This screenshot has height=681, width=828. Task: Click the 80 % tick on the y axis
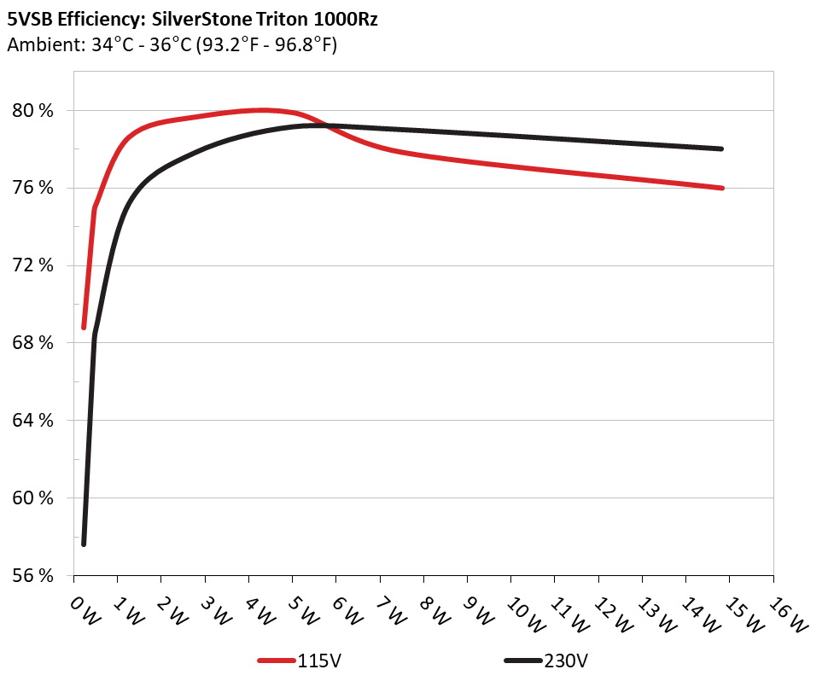[35, 110]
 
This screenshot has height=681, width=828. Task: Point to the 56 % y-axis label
[35, 574]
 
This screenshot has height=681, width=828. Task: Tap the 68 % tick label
[35, 342]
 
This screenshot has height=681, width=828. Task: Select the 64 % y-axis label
[35, 420]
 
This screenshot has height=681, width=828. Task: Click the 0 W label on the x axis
[84, 611]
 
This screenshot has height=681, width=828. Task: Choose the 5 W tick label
[302, 611]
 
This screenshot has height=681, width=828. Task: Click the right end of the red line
[722, 188]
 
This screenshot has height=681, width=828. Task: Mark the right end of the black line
[722, 148]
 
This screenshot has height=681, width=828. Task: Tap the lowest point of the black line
[84, 544]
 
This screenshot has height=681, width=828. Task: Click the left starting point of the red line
[84, 327]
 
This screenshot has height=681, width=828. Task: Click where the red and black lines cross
[323, 125]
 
